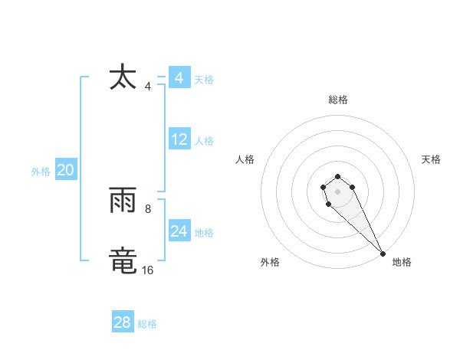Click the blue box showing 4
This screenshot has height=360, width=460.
click(179, 78)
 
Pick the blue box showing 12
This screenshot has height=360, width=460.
click(179, 140)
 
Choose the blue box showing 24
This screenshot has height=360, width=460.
click(179, 232)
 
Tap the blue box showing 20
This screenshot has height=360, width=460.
click(65, 171)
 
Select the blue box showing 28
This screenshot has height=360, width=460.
click(123, 322)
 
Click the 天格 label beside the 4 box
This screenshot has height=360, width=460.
click(204, 80)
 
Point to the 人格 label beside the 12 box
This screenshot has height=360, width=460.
click(204, 141)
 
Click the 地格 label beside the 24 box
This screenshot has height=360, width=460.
click(204, 233)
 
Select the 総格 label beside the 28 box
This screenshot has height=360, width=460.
click(147, 324)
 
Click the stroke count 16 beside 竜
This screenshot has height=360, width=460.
click(147, 270)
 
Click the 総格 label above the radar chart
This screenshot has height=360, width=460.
click(338, 100)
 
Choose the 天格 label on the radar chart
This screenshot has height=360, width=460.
click(431, 159)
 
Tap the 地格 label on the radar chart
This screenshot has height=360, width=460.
click(402, 262)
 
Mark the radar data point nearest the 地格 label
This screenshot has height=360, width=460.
click(383, 253)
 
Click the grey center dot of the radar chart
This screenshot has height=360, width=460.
click(337, 191)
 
